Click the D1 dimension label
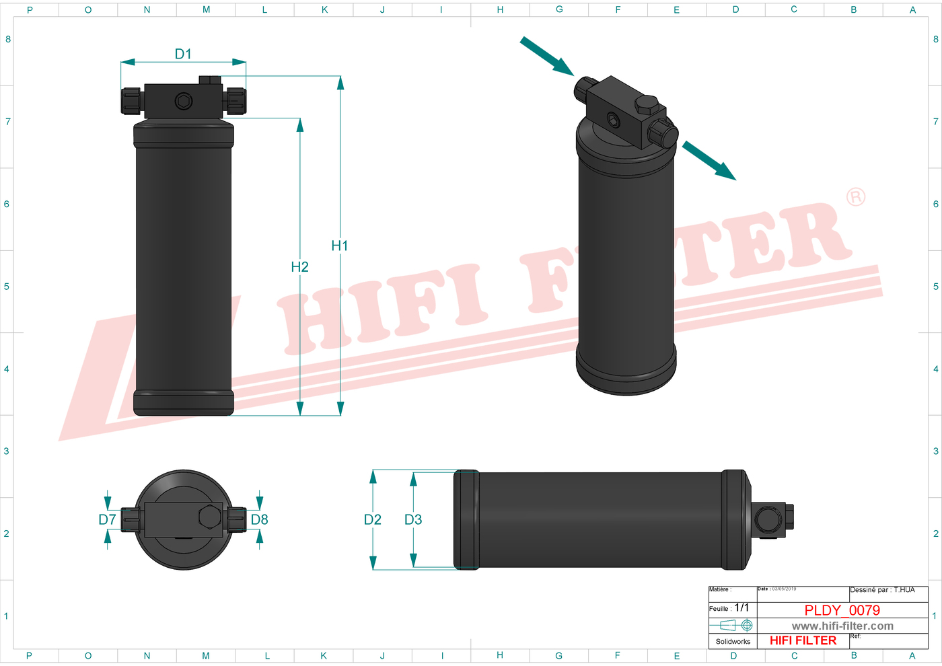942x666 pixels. coord(183,54)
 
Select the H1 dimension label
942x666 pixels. coord(340,246)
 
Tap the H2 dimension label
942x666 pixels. coord(299,267)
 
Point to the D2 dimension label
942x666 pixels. coord(372,519)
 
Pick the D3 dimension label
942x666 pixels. coord(413,519)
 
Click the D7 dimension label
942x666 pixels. coord(107,519)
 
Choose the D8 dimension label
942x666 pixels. coord(259,519)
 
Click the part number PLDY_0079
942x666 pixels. coord(842,610)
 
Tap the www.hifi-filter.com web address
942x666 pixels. coord(842,626)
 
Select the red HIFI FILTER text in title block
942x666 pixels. coord(803,640)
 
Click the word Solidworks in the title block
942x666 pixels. coord(733,641)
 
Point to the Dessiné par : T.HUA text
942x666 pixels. coord(882,590)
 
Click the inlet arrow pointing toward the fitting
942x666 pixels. coord(546,56)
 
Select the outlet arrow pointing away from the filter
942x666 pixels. coord(709,161)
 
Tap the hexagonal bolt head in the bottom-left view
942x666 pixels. coord(210,517)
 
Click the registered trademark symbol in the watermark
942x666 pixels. coord(855,197)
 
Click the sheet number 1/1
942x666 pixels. coord(741,607)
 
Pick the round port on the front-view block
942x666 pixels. coord(184,102)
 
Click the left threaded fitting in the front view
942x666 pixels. coord(131,101)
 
